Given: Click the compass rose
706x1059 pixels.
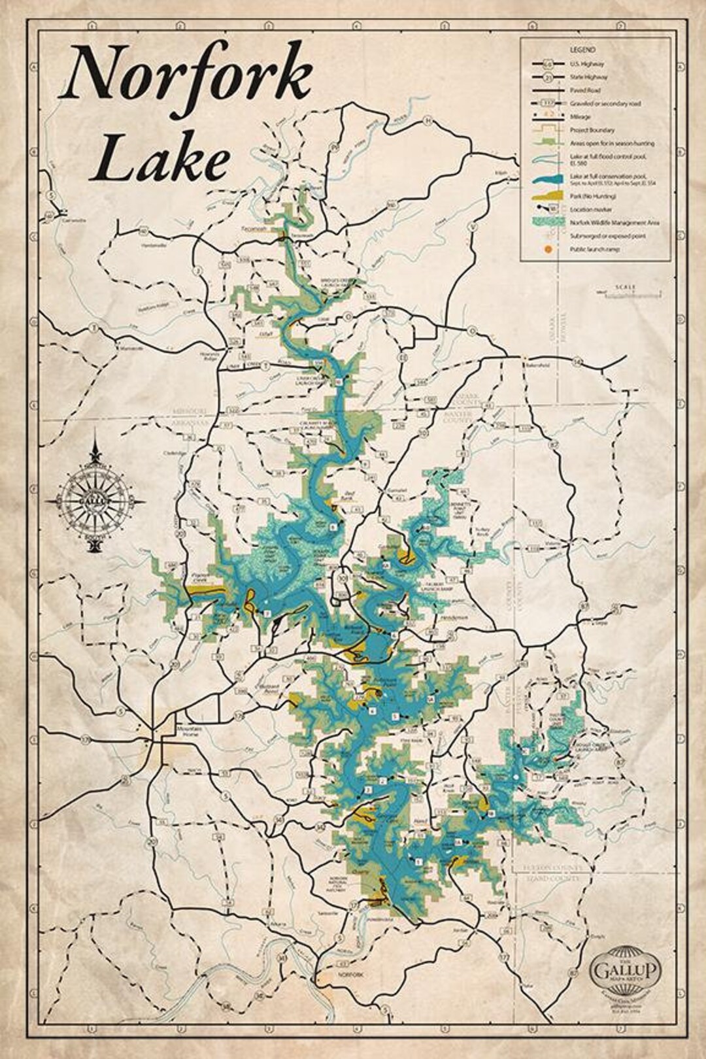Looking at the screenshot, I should tap(95, 501).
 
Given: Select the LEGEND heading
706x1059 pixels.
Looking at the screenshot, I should tap(582, 50).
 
